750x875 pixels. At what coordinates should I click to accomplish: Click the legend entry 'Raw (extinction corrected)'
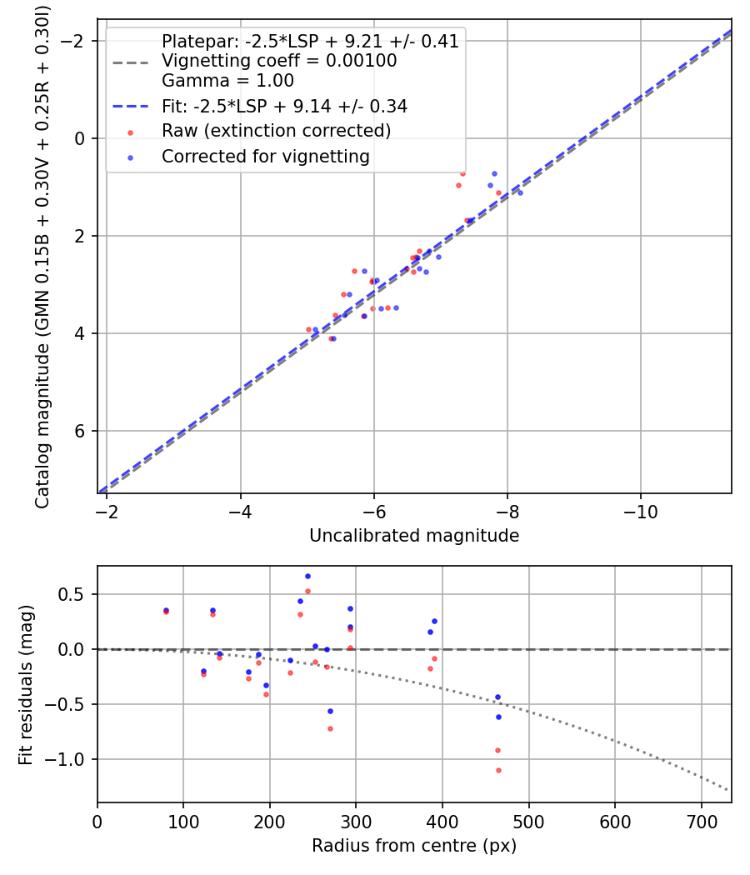pyautogui.click(x=276, y=131)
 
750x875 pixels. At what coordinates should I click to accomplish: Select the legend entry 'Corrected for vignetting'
pyautogui.click(x=265, y=156)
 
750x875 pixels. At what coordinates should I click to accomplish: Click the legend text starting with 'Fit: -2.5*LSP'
pyautogui.click(x=284, y=107)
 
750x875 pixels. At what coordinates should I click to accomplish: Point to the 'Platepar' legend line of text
pyautogui.click(x=310, y=42)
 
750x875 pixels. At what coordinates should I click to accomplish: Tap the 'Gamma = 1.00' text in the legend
pyautogui.click(x=227, y=81)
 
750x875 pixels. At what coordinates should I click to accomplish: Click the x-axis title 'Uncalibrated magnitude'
pyautogui.click(x=414, y=536)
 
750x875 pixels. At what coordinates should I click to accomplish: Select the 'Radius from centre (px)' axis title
pyautogui.click(x=414, y=846)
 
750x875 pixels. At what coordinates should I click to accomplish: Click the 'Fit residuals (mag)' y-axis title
pyautogui.click(x=26, y=684)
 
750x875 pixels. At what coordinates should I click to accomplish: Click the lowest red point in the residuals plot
pyautogui.click(x=498, y=770)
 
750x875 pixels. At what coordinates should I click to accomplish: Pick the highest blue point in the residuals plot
pyautogui.click(x=307, y=576)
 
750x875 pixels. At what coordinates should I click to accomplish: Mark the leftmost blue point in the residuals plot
pyautogui.click(x=166, y=610)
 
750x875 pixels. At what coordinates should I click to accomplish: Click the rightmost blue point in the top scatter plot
pyautogui.click(x=520, y=192)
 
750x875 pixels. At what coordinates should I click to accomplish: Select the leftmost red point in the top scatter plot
pyautogui.click(x=308, y=329)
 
